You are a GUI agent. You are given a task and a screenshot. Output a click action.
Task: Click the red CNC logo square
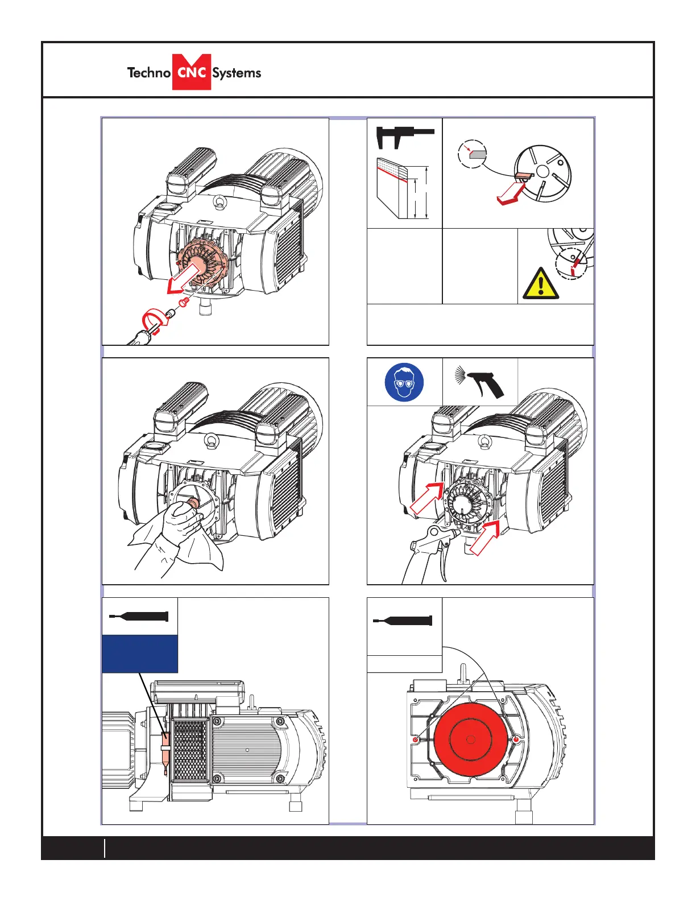[192, 72]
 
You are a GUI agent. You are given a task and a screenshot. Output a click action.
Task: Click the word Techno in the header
[148, 73]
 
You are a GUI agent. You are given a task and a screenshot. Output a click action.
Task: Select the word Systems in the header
[237, 73]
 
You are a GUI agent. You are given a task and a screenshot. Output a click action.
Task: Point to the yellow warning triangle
[540, 283]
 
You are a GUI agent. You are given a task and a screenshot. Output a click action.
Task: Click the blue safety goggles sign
[404, 382]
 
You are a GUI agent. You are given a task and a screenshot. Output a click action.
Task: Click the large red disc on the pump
[470, 739]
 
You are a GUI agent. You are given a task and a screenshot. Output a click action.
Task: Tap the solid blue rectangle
[140, 654]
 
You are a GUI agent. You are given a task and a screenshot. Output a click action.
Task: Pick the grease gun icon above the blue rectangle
[139, 617]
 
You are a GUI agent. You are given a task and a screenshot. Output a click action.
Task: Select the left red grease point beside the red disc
[416, 739]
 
